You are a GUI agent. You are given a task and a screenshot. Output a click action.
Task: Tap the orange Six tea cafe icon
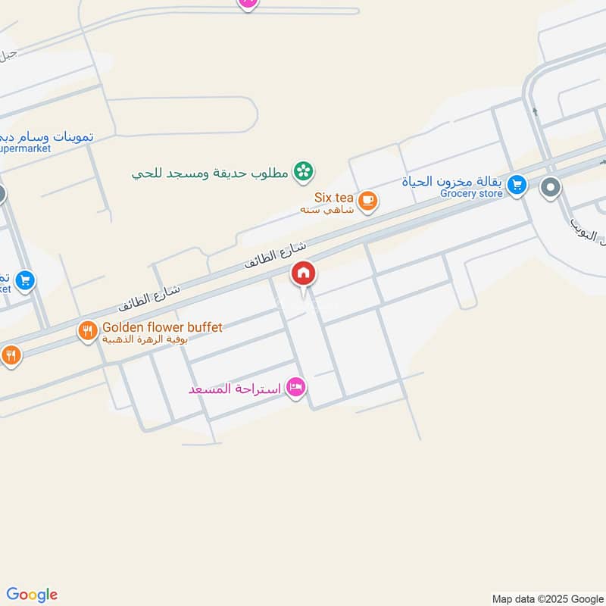tap(368, 201)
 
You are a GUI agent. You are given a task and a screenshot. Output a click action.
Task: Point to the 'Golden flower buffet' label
tap(162, 327)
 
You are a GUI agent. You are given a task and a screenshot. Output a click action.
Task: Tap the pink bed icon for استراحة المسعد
tap(296, 388)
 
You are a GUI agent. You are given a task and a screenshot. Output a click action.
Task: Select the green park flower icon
tap(304, 171)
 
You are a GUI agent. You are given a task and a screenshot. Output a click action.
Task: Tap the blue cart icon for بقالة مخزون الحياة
tap(517, 184)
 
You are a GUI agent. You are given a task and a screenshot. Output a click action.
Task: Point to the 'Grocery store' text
tap(471, 193)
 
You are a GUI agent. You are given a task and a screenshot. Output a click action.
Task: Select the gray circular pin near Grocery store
tap(551, 186)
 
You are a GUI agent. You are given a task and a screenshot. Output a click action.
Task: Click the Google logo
tap(32, 595)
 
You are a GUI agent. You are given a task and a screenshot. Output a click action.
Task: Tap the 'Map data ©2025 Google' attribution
tap(546, 598)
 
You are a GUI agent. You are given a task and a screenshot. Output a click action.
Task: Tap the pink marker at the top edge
tap(248, 3)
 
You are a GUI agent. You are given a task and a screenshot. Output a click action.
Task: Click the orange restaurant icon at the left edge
tap(11, 355)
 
